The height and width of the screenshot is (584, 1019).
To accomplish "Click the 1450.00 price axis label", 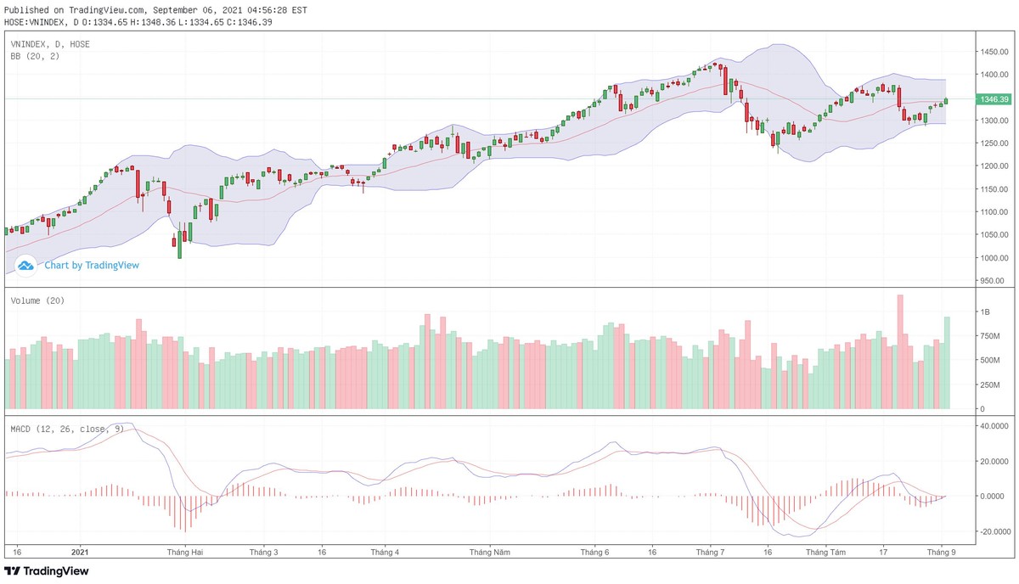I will coord(993,52).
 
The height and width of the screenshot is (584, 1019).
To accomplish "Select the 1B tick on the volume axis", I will coord(986,312).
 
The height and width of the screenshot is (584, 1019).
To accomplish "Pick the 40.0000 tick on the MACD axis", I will coord(993,426).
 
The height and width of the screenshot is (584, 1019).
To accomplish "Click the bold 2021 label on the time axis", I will coord(81,552).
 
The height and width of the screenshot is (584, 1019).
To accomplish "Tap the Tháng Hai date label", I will coord(185,552).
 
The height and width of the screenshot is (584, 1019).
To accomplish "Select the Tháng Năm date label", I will coord(490,552).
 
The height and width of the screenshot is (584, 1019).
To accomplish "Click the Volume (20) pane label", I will coord(37,300).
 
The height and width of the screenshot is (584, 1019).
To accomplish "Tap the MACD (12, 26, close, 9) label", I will coord(67,429).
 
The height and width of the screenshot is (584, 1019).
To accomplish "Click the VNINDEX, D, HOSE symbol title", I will coord(50,43).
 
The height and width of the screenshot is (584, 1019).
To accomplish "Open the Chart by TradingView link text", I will coord(92,265).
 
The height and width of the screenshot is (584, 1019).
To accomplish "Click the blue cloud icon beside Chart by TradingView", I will coord(25,265).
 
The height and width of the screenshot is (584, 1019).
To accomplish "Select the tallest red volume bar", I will coord(900,351).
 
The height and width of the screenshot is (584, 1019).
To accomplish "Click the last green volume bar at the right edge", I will coord(947,362).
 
